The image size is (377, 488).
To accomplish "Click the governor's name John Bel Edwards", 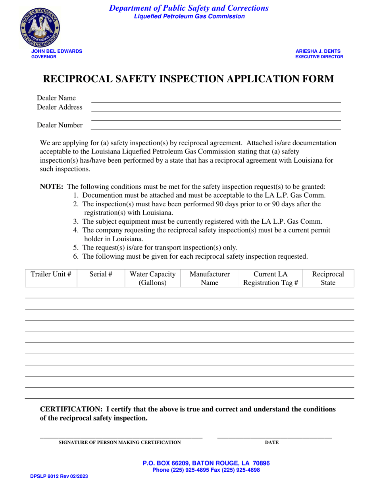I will point(57,51).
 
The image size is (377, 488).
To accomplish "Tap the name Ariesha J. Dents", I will point(318,51).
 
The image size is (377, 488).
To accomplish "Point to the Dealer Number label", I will point(60,125).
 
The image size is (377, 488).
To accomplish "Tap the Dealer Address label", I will point(60,107).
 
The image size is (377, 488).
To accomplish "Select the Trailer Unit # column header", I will point(51,274).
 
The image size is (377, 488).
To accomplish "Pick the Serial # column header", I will point(101,274).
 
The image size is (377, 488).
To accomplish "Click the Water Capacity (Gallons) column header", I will point(152,279).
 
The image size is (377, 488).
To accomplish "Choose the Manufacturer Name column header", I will point(210,279).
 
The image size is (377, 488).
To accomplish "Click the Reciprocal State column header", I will point(328,279).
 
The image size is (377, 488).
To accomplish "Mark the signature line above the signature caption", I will point(121,437).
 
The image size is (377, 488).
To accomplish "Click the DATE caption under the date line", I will point(272,442).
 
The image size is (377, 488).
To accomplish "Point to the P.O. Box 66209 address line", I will point(206,463).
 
